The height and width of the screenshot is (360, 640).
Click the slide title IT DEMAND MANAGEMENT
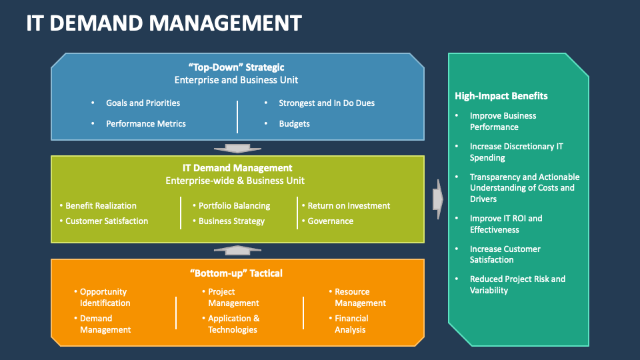pos(164,23)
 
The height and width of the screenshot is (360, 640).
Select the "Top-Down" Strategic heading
pos(236,67)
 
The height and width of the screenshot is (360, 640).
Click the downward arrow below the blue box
pos(237,149)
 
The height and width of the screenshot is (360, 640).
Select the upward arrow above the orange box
pos(237,250)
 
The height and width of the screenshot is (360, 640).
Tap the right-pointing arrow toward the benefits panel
pos(437,199)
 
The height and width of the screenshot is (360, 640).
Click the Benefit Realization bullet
pos(101,206)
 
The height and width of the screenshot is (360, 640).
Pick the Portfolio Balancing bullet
pos(234,206)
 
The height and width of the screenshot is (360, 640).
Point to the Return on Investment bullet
pos(349,206)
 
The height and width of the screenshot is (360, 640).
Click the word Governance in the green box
pos(331,221)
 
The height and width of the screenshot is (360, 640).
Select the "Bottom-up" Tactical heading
pos(236,273)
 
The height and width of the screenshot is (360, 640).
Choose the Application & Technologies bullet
pos(233,324)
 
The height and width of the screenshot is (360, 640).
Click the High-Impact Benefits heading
pos(501,96)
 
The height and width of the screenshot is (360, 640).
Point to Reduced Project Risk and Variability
pos(517,285)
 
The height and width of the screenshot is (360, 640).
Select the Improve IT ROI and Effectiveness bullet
pos(506,224)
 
